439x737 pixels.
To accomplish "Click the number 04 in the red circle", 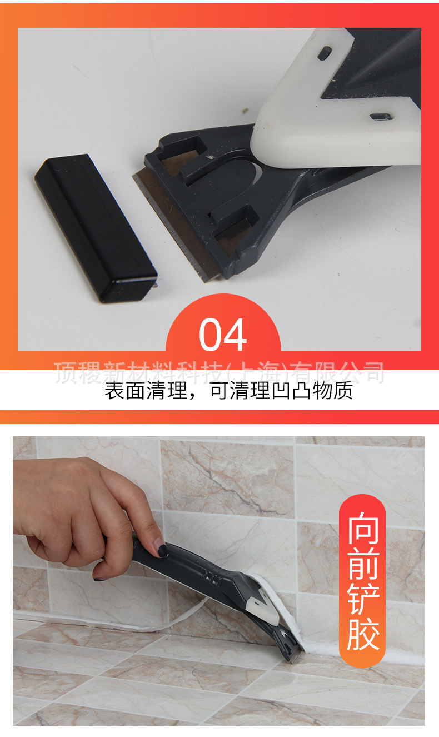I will pyautogui.click(x=223, y=335).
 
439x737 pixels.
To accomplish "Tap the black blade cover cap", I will pyautogui.click(x=95, y=227).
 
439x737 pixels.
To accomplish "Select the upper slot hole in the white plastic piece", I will pyautogui.click(x=324, y=53).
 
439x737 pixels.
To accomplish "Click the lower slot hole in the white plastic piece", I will pyautogui.click(x=380, y=116).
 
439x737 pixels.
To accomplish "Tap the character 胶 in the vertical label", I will pyautogui.click(x=362, y=635).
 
